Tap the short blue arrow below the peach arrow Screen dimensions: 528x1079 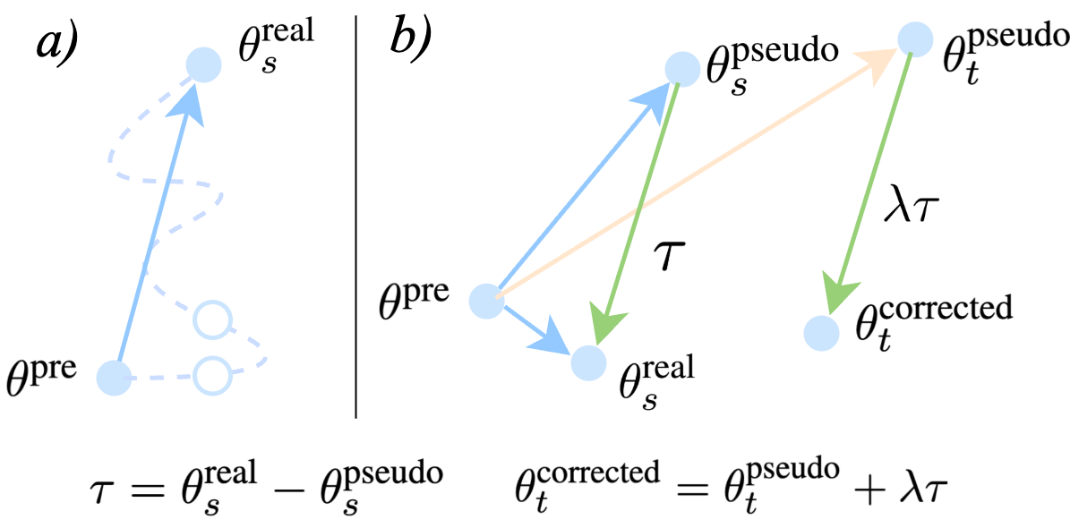[x=533, y=324]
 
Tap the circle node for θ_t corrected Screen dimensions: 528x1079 [x=820, y=333]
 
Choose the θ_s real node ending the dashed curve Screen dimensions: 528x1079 [x=203, y=65]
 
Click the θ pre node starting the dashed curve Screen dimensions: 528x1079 [x=114, y=377]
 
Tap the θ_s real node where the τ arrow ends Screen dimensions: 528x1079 [x=587, y=363]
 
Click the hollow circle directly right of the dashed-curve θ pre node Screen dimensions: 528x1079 [x=212, y=376]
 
